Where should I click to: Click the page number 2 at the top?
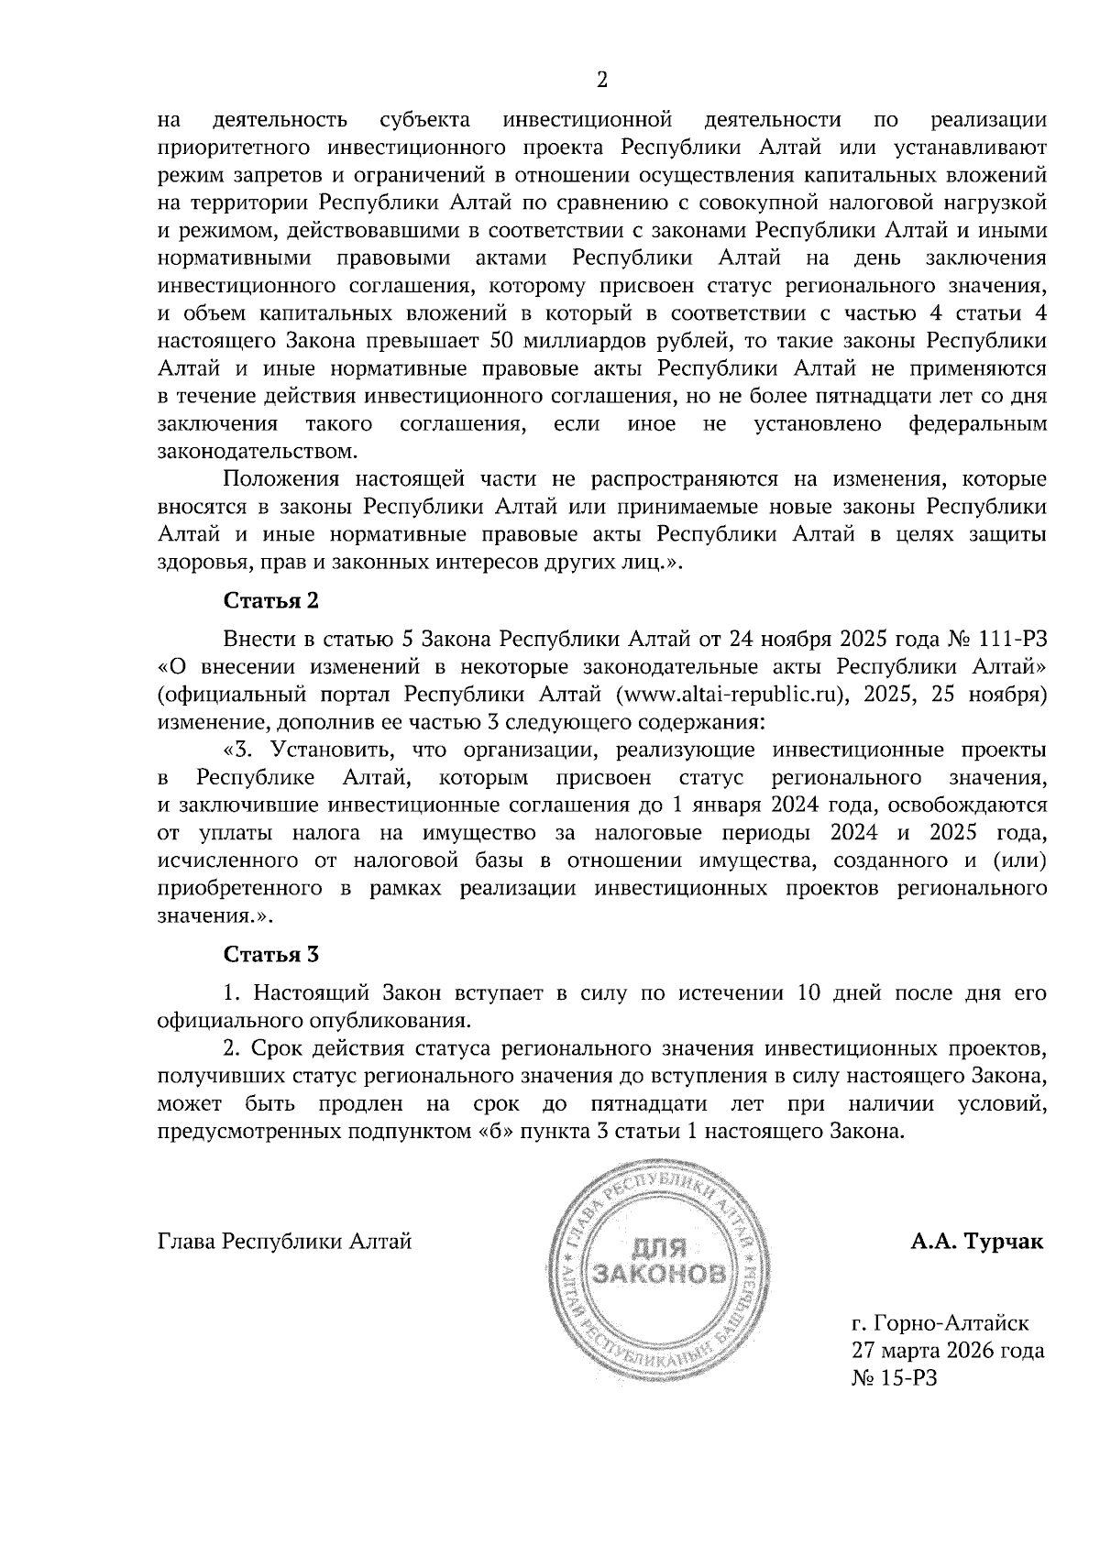602,80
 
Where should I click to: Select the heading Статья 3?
271,955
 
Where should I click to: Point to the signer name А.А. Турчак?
977,1243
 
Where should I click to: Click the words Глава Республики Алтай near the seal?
285,1243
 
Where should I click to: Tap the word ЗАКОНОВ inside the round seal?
662,1275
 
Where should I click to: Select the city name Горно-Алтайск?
951,1323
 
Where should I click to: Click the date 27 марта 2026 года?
948,1351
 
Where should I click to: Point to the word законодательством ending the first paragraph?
255,452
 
